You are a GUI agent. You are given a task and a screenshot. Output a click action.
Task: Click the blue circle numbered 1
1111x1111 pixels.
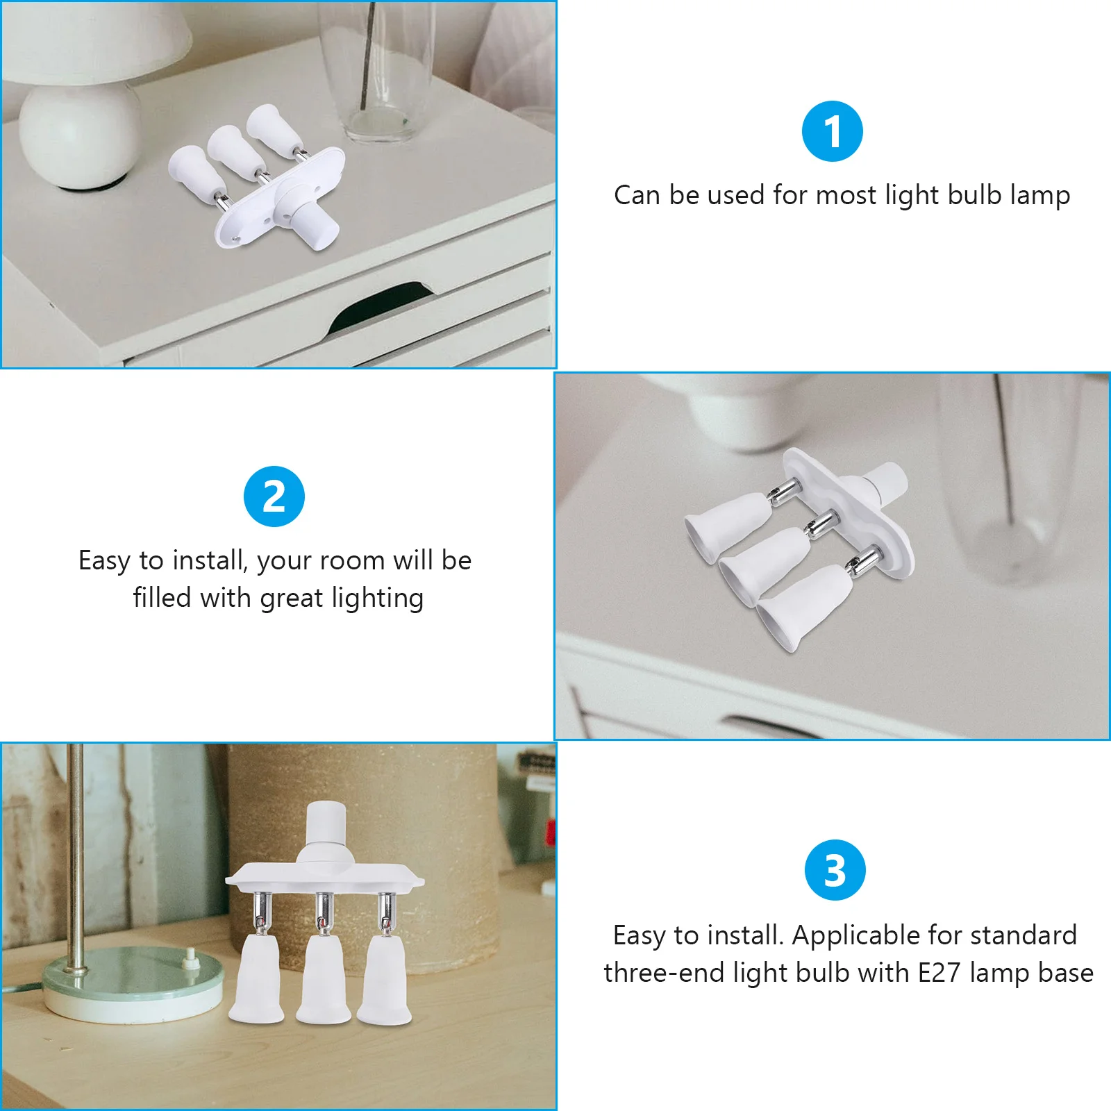tap(832, 131)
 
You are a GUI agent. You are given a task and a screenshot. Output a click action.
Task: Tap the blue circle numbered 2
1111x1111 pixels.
tap(274, 496)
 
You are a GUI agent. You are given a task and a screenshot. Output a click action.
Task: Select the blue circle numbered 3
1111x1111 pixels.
tap(835, 870)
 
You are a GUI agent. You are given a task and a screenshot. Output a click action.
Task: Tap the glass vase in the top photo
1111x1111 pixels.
tap(378, 69)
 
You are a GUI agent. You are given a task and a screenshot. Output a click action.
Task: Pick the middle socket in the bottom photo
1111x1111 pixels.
tap(324, 979)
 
